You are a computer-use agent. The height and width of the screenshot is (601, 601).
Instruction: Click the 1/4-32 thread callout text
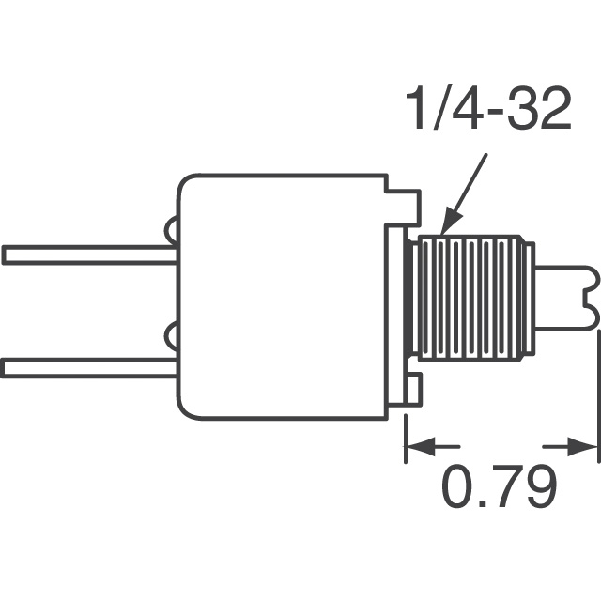pos(488,109)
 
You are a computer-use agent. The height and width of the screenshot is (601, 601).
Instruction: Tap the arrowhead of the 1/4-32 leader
pos(450,222)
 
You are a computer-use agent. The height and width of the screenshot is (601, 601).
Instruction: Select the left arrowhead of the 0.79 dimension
pos(421,447)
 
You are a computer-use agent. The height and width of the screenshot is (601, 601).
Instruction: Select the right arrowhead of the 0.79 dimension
pos(582,447)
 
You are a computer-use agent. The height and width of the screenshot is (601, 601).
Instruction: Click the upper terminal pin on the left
pos(89,255)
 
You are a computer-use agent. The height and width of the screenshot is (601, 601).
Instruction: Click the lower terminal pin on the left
pos(89,367)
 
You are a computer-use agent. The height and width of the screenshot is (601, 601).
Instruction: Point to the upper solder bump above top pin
pos(171,231)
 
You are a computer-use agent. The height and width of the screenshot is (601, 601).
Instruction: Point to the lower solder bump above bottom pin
pos(171,337)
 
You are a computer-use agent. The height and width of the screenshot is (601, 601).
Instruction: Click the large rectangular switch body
pos(282,297)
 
